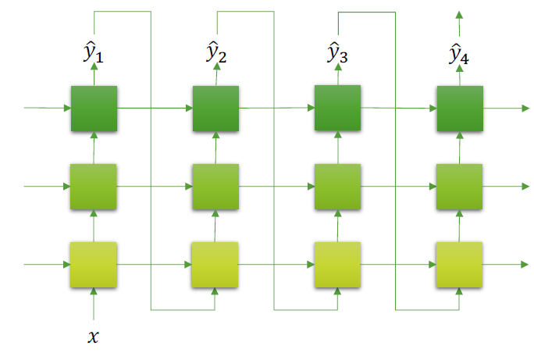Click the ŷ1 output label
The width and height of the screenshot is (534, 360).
tap(94, 54)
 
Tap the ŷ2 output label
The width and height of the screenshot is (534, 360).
tap(216, 54)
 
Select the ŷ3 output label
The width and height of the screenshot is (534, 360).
tap(338, 54)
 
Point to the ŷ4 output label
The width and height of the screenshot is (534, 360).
tap(459, 54)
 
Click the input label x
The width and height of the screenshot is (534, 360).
tap(94, 337)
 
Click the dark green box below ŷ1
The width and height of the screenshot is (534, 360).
tap(94, 109)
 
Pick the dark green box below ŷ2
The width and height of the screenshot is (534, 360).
tap(216, 109)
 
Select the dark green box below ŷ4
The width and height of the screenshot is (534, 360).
tap(459, 109)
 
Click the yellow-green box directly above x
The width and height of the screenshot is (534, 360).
tap(94, 265)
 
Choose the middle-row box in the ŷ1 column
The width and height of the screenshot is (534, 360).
tap(94, 187)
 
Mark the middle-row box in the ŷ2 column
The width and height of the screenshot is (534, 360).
tap(216, 187)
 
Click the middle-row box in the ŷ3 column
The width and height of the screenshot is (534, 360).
tap(337, 187)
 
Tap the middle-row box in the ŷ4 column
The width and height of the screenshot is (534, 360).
tap(459, 187)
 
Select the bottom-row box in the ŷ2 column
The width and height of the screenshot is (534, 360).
tap(216, 265)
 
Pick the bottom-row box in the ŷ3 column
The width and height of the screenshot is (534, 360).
tap(337, 265)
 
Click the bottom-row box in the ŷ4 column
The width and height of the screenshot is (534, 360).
tap(459, 265)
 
